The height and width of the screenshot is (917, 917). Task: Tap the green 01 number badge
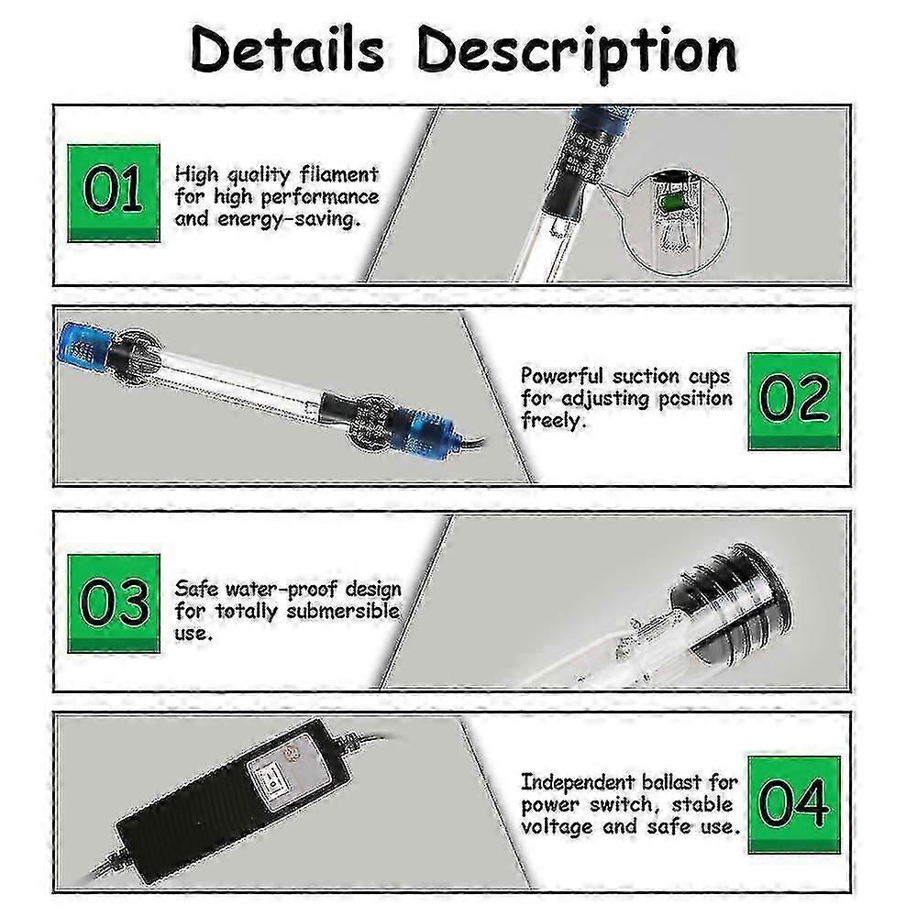(114, 193)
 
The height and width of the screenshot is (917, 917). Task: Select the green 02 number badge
(794, 402)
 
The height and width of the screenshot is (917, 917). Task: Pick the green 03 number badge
(114, 603)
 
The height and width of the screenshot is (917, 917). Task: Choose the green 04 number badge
(794, 805)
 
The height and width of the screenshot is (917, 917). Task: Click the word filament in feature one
(338, 174)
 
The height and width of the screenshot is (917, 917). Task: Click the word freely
(553, 421)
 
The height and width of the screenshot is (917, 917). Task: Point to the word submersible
(343, 611)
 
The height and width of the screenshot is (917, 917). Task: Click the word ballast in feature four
(671, 782)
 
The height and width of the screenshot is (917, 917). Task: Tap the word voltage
(558, 827)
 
